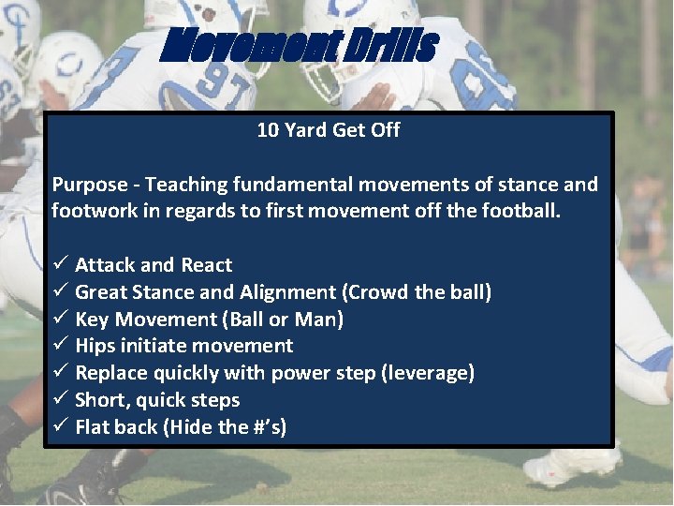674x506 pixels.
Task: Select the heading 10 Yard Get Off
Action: click(328, 131)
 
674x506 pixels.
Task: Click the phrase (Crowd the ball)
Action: click(418, 292)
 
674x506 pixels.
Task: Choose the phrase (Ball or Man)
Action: click(282, 320)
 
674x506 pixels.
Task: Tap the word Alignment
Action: click(289, 292)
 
